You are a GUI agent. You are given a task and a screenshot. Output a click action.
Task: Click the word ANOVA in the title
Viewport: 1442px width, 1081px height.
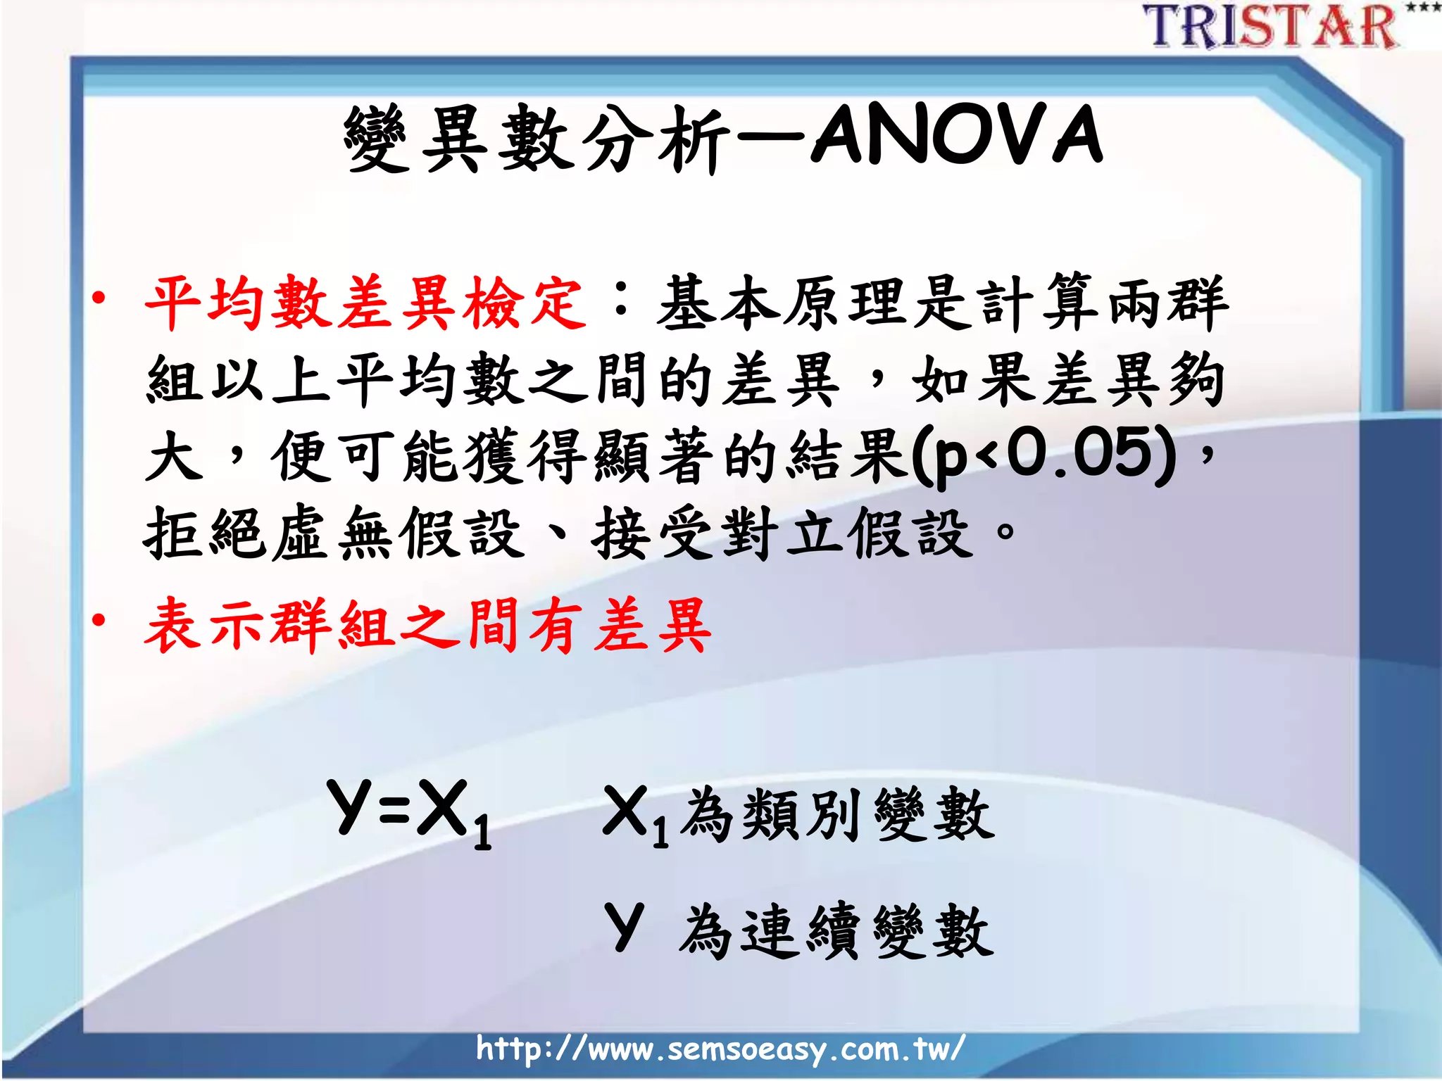tap(958, 135)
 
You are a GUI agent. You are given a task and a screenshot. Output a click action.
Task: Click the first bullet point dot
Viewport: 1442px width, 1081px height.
tap(99, 298)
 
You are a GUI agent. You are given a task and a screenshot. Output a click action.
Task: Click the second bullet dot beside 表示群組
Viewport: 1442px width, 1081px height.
tap(99, 620)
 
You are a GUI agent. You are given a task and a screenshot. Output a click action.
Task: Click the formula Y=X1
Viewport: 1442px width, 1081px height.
tap(408, 811)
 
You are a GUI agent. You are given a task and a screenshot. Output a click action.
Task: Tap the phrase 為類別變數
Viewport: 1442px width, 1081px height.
tap(838, 815)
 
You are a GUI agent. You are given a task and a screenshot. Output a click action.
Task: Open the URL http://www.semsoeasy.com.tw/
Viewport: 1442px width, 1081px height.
tap(720, 1049)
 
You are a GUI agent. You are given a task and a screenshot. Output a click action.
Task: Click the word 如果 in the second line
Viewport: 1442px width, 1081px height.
tap(974, 380)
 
